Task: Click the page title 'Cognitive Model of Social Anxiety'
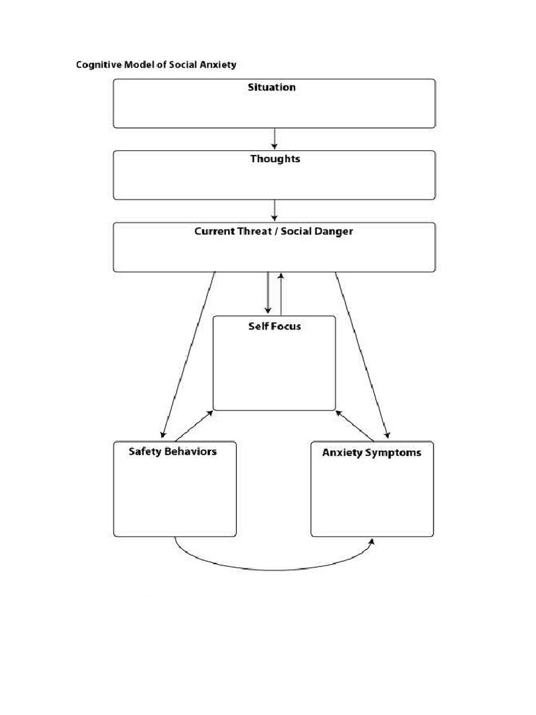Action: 156,65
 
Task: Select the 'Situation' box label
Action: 271,87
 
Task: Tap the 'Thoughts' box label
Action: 275,159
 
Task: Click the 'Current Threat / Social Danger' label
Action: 274,231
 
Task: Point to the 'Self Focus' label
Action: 274,326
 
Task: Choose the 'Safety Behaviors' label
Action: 172,452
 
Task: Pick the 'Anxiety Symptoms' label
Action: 371,452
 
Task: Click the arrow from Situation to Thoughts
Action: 275,138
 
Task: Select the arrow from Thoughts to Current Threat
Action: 275,210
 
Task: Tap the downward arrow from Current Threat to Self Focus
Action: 267,293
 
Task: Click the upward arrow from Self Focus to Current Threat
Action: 281,293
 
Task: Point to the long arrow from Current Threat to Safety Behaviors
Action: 188,353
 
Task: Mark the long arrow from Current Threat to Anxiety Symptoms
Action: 362,353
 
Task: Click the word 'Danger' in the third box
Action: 333,231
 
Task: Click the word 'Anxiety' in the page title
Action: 219,65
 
